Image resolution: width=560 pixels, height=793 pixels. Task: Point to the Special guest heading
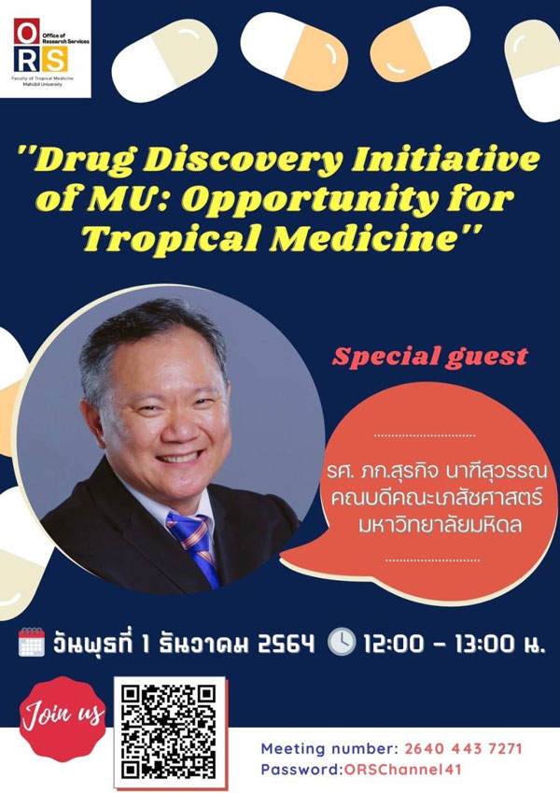pos(430,357)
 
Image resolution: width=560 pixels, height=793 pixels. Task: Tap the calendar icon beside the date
pos(32,643)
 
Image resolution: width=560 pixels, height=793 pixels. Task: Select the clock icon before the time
pos(342,642)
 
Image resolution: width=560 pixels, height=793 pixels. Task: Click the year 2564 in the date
pos(286,644)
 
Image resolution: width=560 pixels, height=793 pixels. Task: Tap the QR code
pos(170,731)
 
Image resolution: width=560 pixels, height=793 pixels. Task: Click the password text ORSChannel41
pos(403,770)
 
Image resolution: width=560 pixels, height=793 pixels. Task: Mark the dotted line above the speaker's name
pos(425,435)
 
